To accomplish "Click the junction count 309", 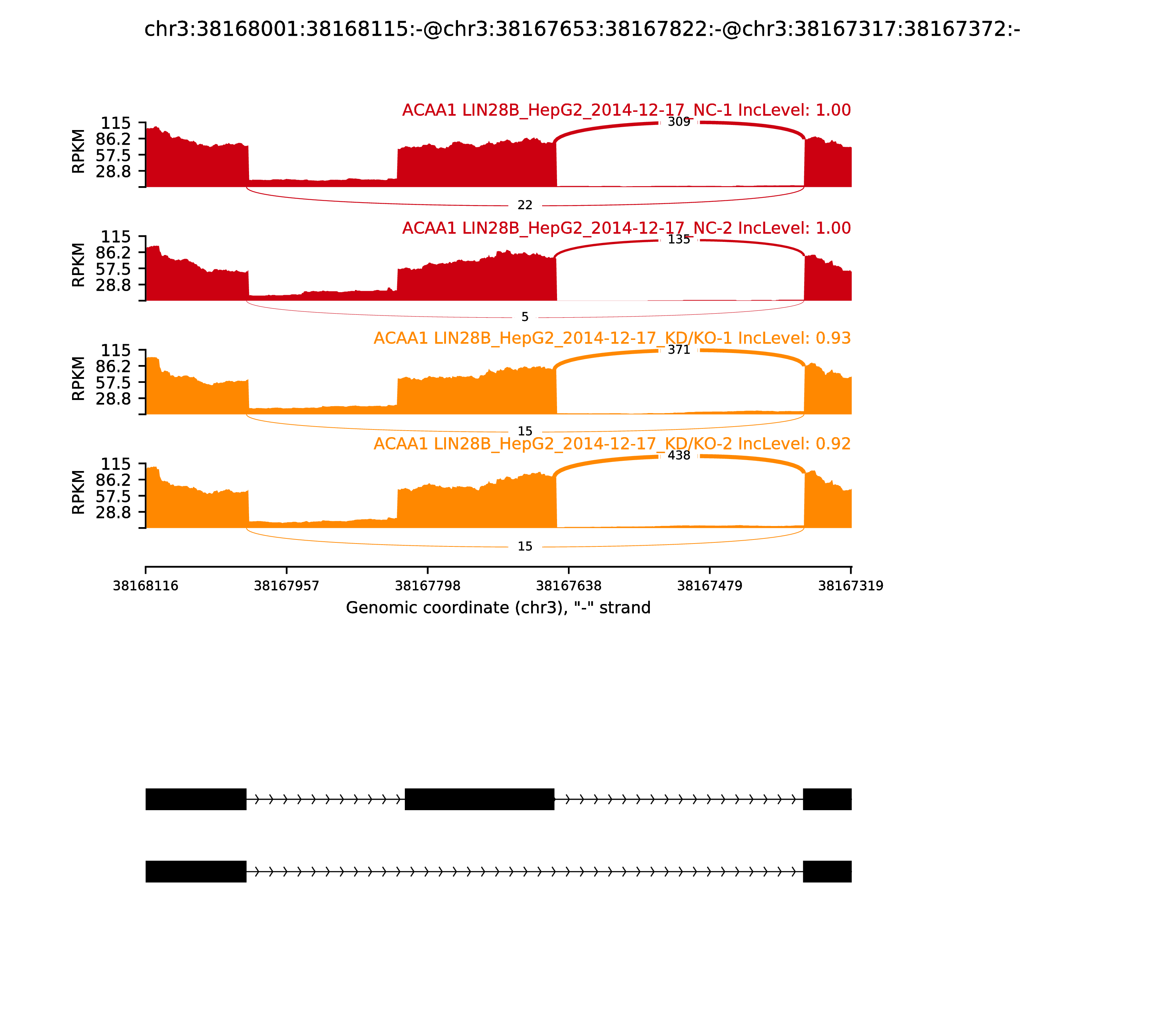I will coord(679,122).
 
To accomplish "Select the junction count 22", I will coord(525,205).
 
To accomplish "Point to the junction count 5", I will coord(525,317).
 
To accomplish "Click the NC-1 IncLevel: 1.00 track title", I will coord(626,110).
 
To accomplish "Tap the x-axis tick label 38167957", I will coord(286,586).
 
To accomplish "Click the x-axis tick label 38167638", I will coord(568,586).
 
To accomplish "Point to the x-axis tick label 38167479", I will coord(709,586).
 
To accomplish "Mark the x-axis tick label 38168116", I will coord(146,586).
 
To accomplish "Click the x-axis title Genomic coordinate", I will coord(498,608).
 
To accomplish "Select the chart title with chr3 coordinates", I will coord(582,29).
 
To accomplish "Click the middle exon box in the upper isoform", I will coord(479,799).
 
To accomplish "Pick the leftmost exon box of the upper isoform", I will coord(196,799).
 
